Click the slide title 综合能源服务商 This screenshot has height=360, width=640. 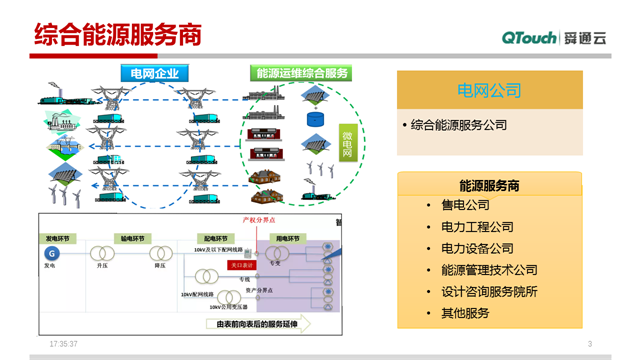point(118,35)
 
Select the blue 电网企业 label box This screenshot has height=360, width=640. point(154,73)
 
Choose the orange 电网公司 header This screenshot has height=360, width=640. point(489,91)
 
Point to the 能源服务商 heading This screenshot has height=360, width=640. point(489,185)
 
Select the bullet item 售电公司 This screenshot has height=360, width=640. point(465,205)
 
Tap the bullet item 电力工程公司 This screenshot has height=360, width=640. point(477,227)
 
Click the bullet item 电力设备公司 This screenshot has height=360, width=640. point(477,248)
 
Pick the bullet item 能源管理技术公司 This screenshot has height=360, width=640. point(489,270)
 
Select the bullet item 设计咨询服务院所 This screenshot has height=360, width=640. point(489,292)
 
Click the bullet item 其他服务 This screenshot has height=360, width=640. point(465,314)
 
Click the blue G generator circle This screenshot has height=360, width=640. point(51,254)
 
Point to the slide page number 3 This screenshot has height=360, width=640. point(590,345)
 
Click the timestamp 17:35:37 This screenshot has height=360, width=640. point(64,344)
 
